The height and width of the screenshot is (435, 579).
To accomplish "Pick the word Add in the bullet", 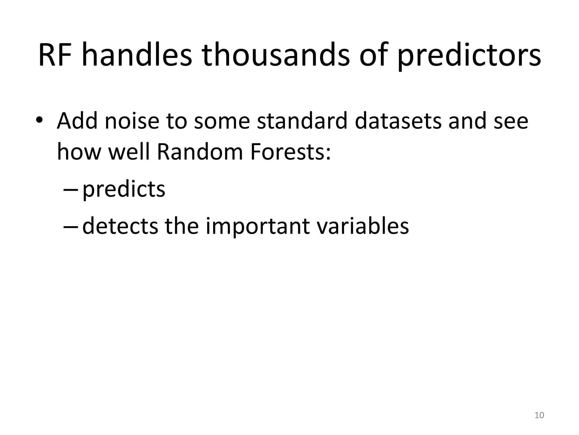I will [77, 121].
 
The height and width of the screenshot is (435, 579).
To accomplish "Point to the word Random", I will [200, 152].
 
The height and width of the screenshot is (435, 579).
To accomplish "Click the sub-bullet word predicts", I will [124, 190].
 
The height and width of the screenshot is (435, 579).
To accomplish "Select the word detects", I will [120, 226].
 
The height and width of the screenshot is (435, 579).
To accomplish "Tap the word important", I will [258, 227].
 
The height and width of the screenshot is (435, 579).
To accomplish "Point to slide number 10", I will [539, 415].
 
